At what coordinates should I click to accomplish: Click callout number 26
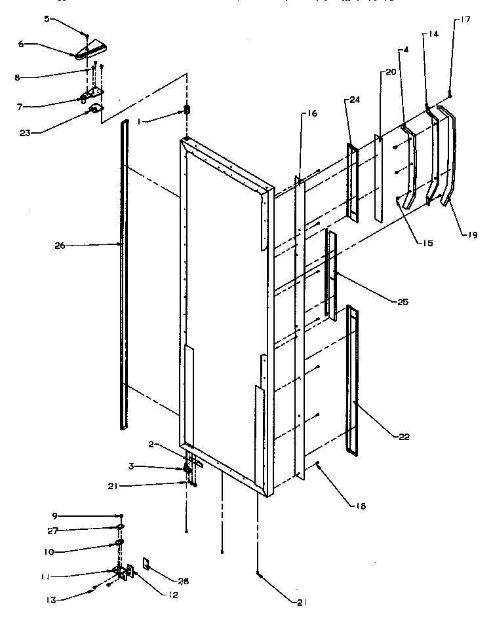60,246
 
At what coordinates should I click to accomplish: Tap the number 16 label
310,113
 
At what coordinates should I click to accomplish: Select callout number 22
404,437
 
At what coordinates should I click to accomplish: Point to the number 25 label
403,302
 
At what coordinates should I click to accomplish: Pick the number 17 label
465,19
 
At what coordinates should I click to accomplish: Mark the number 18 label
360,506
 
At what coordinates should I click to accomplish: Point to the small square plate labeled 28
147,563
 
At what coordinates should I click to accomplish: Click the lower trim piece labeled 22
353,380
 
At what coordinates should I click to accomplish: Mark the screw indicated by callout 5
88,34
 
